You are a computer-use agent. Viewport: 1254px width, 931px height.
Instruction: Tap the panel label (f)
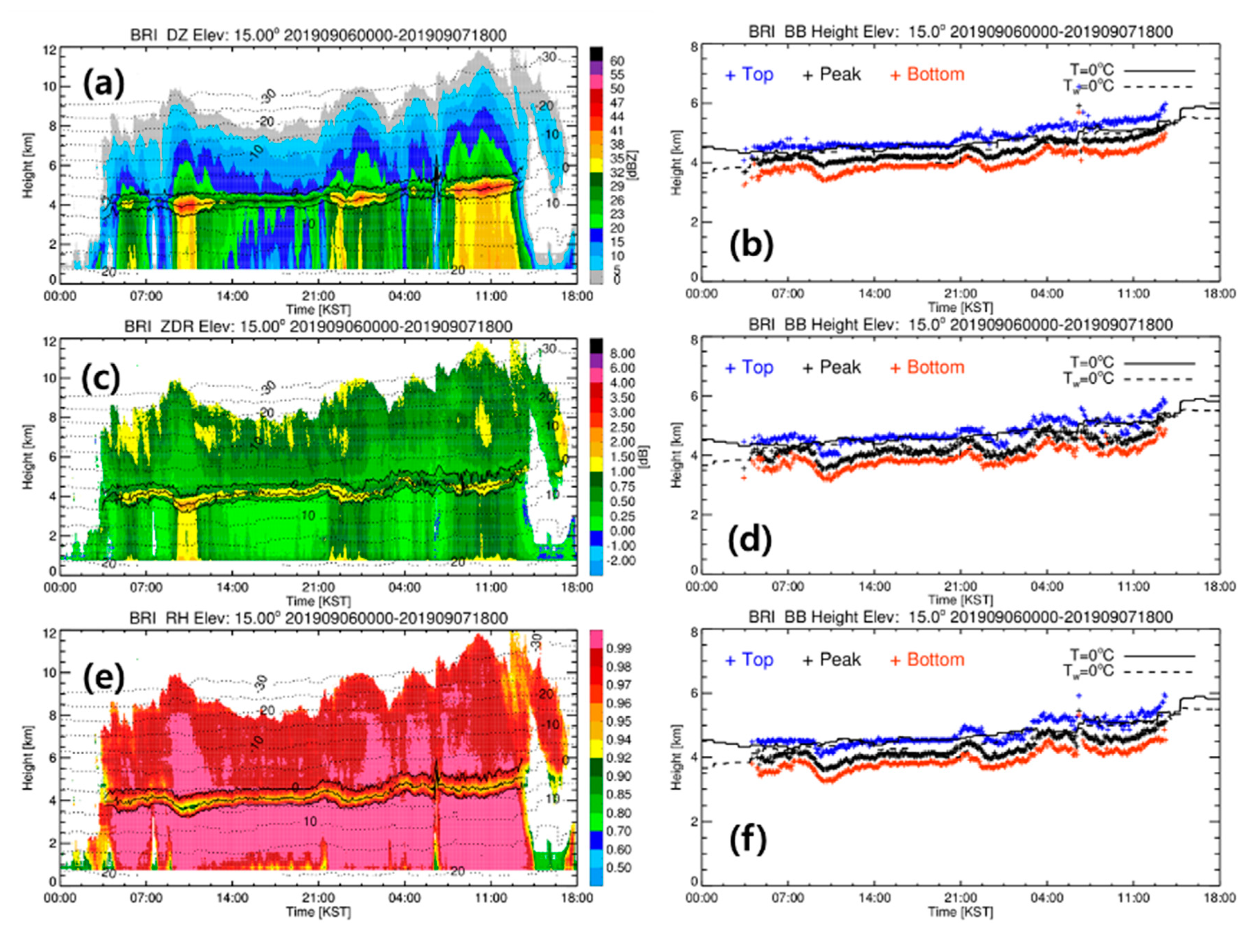pyautogui.click(x=748, y=840)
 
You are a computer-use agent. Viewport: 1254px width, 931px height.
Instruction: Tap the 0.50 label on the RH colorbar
pyautogui.click(x=618, y=868)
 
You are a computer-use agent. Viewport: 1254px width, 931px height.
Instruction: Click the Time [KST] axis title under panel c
pyautogui.click(x=318, y=601)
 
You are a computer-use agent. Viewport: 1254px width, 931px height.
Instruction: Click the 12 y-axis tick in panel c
pyautogui.click(x=51, y=342)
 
